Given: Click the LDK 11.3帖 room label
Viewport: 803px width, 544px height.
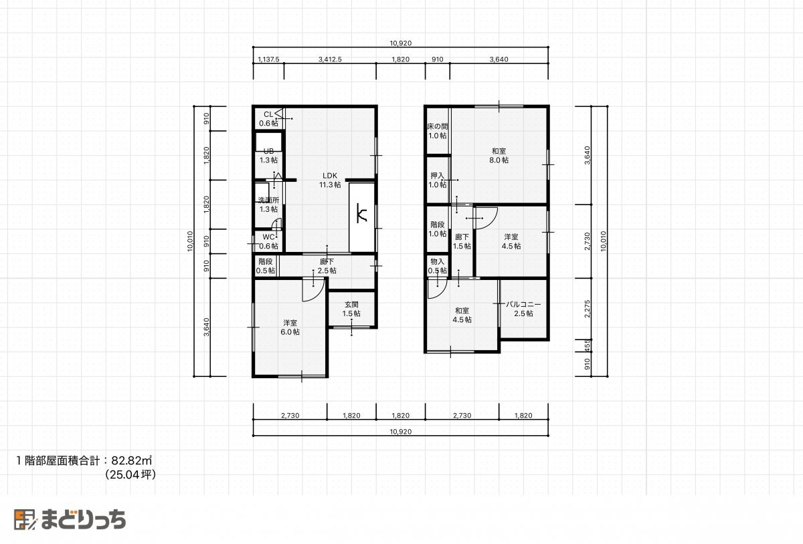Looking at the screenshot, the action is tap(330, 180).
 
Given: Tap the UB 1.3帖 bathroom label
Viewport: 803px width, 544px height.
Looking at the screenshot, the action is tap(268, 156).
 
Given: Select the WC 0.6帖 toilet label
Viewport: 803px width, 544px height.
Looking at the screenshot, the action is tap(268, 241).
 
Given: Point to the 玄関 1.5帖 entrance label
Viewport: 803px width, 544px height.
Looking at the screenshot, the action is tap(351, 309).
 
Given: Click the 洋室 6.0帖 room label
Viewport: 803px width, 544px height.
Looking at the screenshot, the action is tap(290, 327).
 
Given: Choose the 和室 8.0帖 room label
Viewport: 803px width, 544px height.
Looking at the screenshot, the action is tap(499, 156).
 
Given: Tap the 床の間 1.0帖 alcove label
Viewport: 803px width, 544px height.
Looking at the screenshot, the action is tap(438, 131).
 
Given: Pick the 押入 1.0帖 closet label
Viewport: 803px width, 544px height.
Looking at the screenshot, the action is tap(438, 180).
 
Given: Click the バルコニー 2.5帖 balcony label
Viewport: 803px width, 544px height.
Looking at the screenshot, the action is tap(523, 309).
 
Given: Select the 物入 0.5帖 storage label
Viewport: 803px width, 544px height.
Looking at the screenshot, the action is tap(438, 266).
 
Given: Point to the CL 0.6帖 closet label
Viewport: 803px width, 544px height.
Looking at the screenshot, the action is tap(268, 119).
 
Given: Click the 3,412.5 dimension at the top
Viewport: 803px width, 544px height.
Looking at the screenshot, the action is tap(330, 59).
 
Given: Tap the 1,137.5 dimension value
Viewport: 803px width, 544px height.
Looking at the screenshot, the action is tap(268, 59).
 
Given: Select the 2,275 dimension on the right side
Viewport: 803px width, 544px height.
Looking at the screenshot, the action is tap(588, 309).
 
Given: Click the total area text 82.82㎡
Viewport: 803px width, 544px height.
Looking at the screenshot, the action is tap(132, 460).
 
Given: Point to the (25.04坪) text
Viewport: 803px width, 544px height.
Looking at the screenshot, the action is tap(130, 474).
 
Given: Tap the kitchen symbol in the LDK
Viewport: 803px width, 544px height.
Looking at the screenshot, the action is tap(362, 213).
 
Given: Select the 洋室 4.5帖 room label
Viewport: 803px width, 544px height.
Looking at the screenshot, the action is tap(511, 241).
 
